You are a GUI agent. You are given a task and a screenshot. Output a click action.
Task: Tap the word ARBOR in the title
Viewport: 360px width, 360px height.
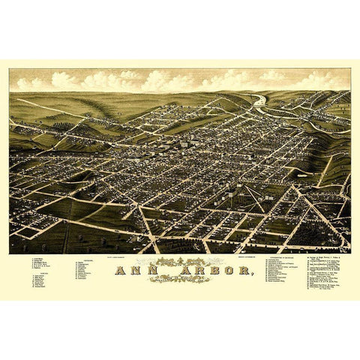pyautogui.click(x=197, y=272)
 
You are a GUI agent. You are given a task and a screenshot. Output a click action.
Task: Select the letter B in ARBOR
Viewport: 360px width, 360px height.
pyautogui.click(x=196, y=272)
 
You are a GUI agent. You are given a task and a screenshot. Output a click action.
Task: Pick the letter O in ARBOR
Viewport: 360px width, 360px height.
pyautogui.click(x=206, y=272)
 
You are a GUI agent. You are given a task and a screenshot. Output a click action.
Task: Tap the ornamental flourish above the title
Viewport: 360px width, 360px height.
pyautogui.click(x=178, y=262)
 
